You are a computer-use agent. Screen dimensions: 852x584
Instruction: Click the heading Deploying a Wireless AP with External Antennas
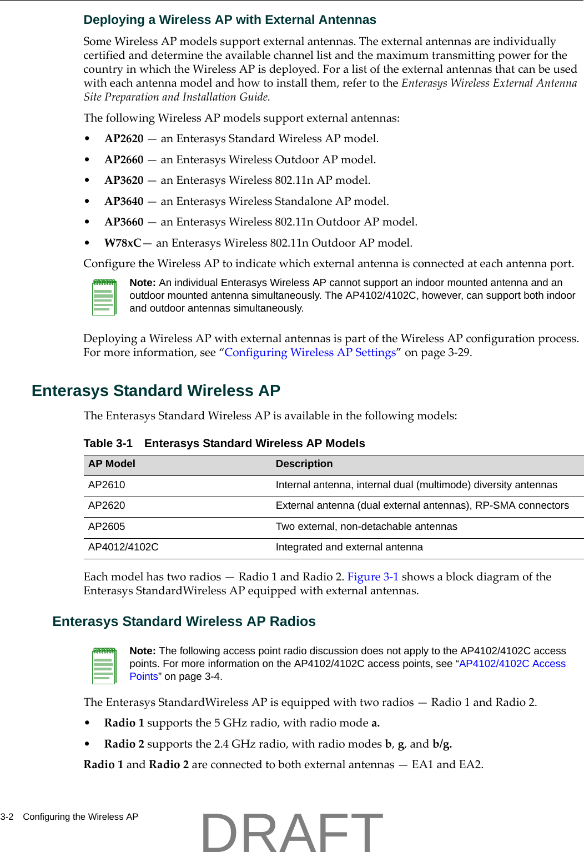229,20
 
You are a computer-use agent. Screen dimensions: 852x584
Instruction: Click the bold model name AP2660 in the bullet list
124,160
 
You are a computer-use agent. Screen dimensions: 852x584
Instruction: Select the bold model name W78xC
123,243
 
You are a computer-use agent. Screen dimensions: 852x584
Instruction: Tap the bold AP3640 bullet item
124,202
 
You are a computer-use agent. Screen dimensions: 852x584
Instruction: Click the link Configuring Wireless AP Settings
310,353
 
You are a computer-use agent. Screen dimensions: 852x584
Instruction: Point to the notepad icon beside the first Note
104,297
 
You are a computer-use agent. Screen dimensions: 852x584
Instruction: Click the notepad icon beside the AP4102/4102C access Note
104,665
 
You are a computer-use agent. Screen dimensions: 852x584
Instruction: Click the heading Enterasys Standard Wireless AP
155,391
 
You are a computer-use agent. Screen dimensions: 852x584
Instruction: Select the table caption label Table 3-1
108,443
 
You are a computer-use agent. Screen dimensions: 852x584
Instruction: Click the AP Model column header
112,464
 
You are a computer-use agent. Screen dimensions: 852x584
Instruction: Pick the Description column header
304,464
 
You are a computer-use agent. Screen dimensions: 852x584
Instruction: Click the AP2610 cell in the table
107,485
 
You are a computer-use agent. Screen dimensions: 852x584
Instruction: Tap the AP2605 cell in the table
107,527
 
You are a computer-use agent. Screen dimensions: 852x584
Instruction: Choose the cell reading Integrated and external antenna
349,548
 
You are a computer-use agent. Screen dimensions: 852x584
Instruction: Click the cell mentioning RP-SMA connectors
422,506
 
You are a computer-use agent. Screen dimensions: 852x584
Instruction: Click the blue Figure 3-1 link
372,577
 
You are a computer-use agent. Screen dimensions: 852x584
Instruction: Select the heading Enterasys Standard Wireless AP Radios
184,622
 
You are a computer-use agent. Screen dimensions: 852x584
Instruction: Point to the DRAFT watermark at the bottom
292,831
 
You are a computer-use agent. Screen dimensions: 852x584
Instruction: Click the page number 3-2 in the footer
7,817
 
